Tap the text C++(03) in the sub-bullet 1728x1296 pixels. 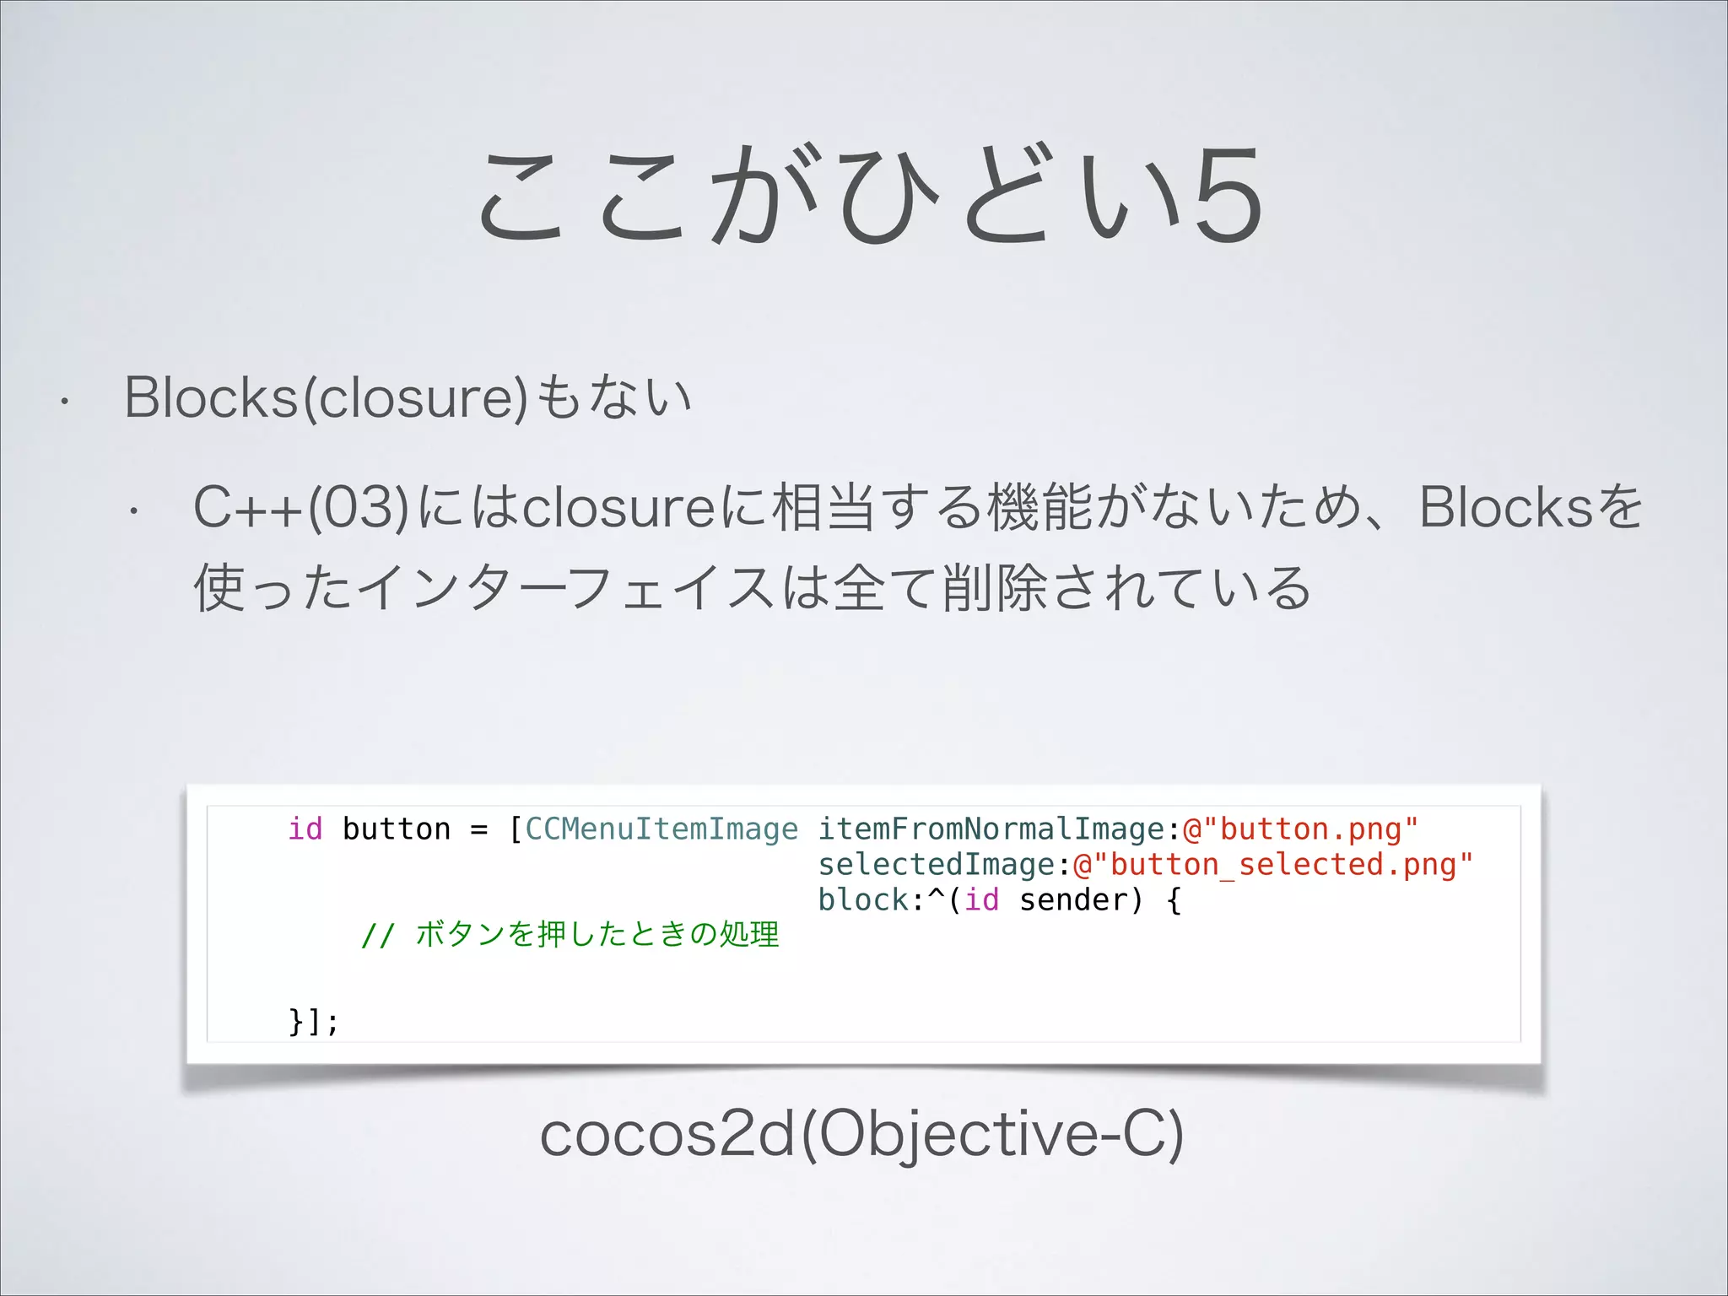tap(302, 507)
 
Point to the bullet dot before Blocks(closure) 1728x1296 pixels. tap(63, 402)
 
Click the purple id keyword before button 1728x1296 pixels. tap(305, 829)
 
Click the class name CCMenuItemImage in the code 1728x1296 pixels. tap(661, 829)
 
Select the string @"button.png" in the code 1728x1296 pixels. tap(1300, 829)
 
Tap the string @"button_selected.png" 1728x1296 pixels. tap(1272, 864)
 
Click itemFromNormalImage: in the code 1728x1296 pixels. tap(999, 829)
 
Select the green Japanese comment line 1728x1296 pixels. tap(570, 935)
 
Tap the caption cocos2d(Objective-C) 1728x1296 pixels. tap(861, 1135)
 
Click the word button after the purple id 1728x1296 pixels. tap(397, 829)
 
